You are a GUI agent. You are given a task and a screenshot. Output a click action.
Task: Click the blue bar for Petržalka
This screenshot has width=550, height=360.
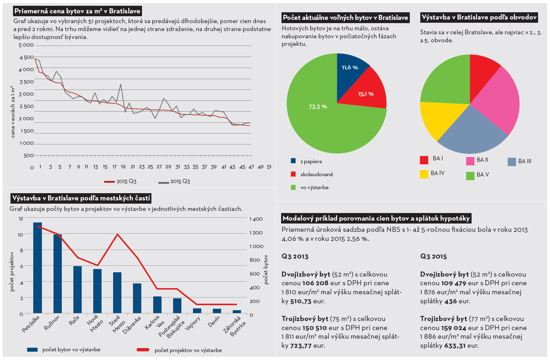[x=38, y=268]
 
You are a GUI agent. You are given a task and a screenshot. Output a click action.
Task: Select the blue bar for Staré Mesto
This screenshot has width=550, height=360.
[x=117, y=292]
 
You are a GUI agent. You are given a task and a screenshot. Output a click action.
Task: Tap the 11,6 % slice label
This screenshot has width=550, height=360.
[x=350, y=68]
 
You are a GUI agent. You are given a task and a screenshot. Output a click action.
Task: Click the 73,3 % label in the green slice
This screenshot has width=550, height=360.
[x=318, y=107]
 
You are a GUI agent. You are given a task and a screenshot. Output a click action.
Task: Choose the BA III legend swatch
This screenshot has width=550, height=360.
[x=512, y=162]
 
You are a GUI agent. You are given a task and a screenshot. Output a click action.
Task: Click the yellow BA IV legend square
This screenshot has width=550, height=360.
[x=424, y=174]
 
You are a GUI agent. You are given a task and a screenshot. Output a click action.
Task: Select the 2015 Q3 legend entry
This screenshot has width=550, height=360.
[x=175, y=182]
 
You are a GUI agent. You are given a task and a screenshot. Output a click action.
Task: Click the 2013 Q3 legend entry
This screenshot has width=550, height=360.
[x=121, y=182]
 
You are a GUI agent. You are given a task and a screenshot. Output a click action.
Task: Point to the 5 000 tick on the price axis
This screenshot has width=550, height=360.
[x=26, y=45]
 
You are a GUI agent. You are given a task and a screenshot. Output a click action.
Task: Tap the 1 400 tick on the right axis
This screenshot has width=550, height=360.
[x=256, y=219]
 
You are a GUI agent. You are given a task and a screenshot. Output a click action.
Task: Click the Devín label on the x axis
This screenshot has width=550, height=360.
[x=214, y=322]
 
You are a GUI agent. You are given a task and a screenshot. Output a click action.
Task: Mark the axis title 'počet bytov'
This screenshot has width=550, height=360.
[x=266, y=269]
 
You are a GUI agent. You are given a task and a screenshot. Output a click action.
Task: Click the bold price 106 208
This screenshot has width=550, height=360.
[x=315, y=283]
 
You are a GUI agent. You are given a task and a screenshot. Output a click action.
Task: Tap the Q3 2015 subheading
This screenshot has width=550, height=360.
[x=433, y=256]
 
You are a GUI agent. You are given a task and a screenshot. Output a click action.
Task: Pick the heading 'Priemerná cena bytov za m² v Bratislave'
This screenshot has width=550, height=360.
[x=77, y=11]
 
